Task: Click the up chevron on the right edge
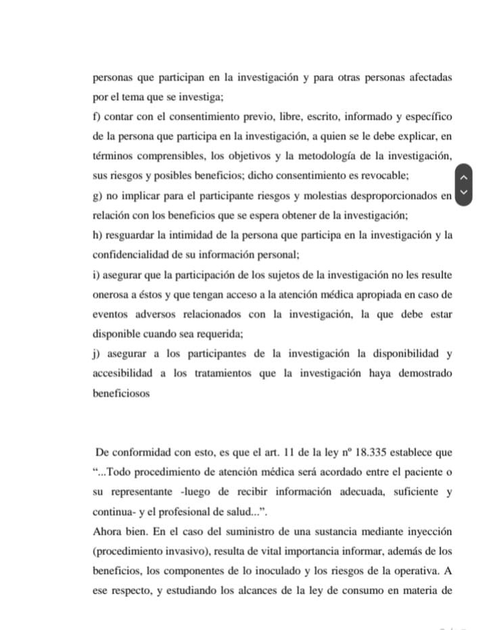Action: pos(463,177)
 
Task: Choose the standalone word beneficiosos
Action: pos(121,392)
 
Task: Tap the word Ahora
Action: pos(108,531)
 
